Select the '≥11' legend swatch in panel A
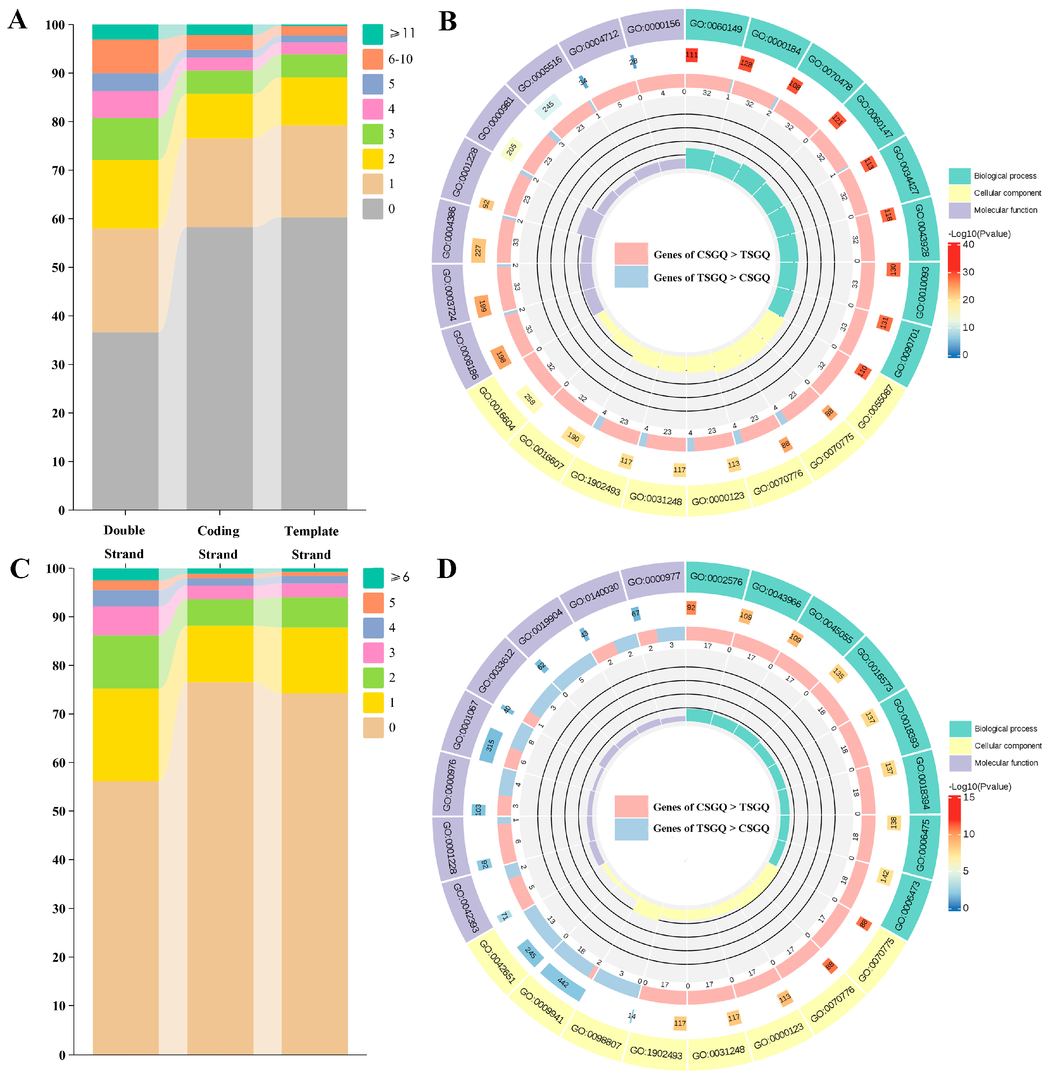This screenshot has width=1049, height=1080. (x=372, y=34)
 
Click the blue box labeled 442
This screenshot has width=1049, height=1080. (x=563, y=982)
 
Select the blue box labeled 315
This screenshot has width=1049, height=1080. (x=490, y=745)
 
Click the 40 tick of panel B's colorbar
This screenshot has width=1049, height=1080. (x=968, y=245)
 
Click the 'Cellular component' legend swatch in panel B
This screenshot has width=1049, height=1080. (x=959, y=193)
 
